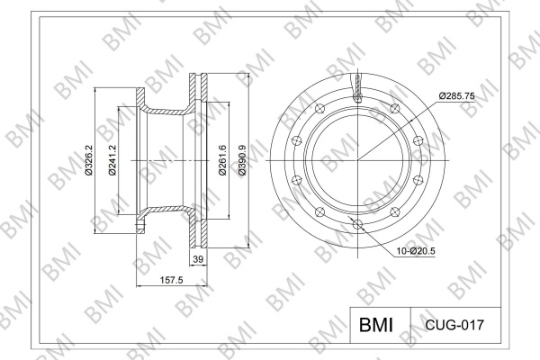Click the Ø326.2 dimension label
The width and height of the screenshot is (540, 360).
(89, 160)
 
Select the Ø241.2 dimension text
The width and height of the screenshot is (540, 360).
(112, 160)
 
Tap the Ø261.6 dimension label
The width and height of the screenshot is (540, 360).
(223, 160)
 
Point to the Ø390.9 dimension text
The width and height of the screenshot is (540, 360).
(242, 160)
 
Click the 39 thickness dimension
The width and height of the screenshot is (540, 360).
(198, 259)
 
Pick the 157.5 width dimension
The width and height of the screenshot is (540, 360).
(172, 281)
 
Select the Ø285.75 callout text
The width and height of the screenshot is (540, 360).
(456, 96)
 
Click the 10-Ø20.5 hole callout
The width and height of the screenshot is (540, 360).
(416, 251)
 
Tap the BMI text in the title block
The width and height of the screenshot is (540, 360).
(375, 325)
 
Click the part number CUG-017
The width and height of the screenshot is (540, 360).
(454, 325)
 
